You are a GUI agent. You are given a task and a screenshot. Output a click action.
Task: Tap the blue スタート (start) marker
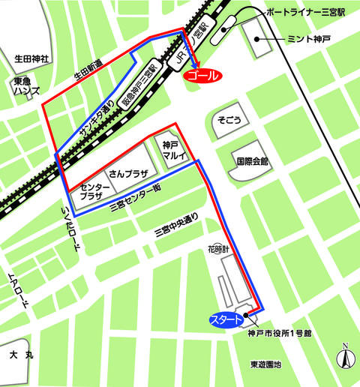[226, 320]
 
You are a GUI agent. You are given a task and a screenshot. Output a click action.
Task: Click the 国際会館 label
[253, 160]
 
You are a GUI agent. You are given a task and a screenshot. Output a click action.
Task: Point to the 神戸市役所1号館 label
[275, 335]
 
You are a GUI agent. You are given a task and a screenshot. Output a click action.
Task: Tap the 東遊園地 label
[266, 365]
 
